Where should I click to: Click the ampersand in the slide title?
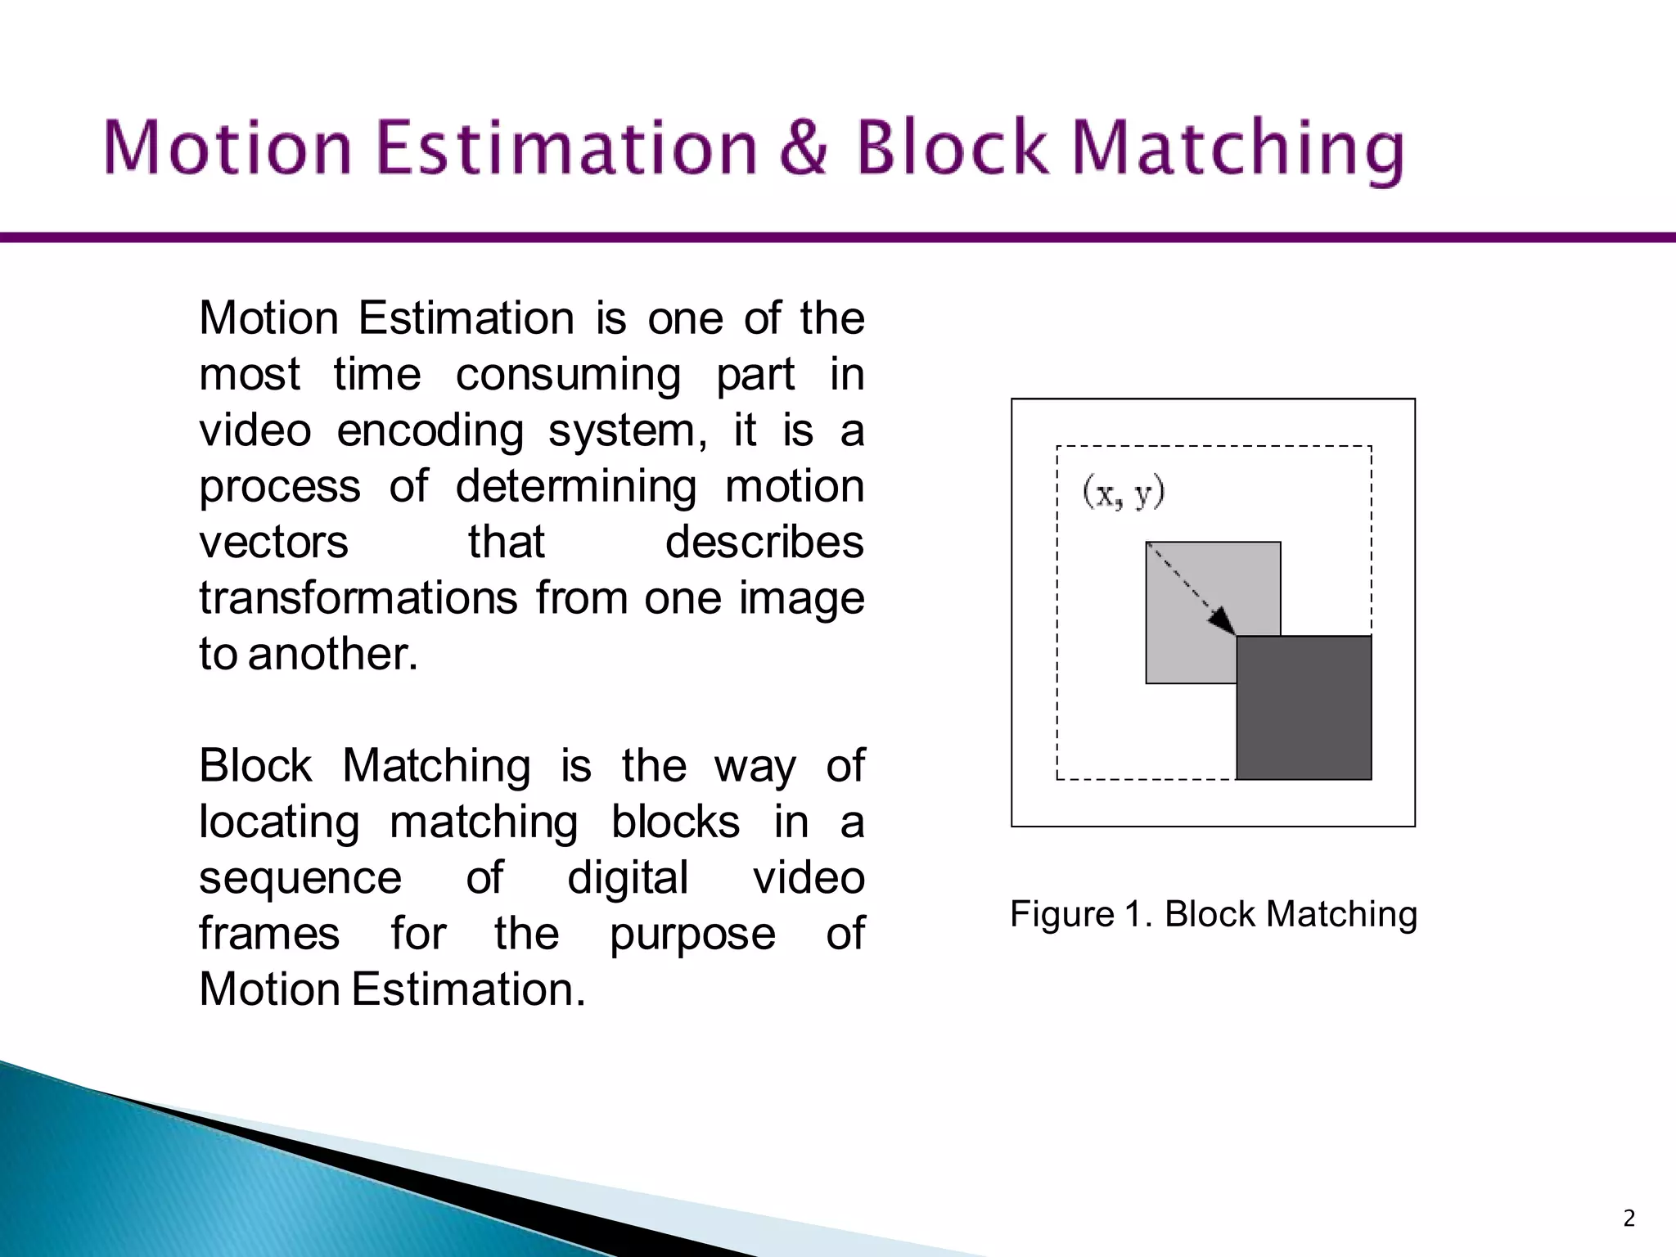point(804,148)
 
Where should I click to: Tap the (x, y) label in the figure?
point(1123,493)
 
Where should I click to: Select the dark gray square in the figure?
point(1304,709)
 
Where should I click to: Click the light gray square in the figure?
point(1187,622)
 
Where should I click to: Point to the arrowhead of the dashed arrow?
point(1223,621)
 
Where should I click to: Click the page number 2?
point(1629,1219)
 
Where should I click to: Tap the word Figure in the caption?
point(1061,914)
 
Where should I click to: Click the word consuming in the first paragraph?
point(568,376)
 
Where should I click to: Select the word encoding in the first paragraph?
point(430,431)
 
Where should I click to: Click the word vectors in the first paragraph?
point(273,543)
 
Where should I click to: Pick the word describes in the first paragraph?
point(764,543)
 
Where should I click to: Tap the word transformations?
point(358,598)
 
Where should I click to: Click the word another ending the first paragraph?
point(332,655)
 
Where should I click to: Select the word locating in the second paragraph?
point(279,822)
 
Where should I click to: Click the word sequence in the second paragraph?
point(300,879)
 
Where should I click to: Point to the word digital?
point(628,879)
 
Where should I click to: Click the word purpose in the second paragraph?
point(692,935)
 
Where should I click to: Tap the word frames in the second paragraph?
point(269,935)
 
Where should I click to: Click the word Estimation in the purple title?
point(565,148)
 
